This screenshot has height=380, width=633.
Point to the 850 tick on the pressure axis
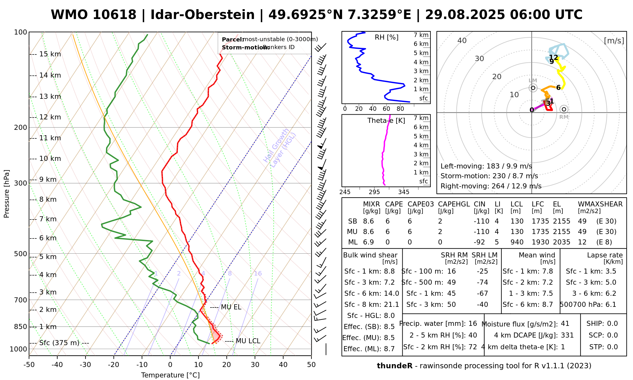tap(21, 327)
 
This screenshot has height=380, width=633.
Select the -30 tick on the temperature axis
tap(85, 365)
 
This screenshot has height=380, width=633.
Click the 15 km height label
tap(50, 54)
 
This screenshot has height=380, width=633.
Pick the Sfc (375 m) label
tap(64, 343)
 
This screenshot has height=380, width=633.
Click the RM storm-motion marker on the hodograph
tap(564, 109)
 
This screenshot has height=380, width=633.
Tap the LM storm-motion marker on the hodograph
tap(533, 88)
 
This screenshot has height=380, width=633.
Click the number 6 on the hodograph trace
tap(558, 88)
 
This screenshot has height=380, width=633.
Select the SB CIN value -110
tap(481, 221)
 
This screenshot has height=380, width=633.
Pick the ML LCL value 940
tap(517, 242)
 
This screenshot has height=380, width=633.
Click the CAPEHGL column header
tap(454, 204)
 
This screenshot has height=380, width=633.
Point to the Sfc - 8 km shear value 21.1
tap(392, 305)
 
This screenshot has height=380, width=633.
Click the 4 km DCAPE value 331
tap(567, 335)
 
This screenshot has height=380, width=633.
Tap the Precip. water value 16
tap(473, 324)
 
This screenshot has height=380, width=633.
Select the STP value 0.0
tap(612, 347)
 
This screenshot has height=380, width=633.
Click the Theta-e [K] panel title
tap(386, 121)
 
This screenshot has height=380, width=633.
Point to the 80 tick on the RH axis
tap(400, 109)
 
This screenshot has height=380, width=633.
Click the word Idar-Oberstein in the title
tap(203, 15)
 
